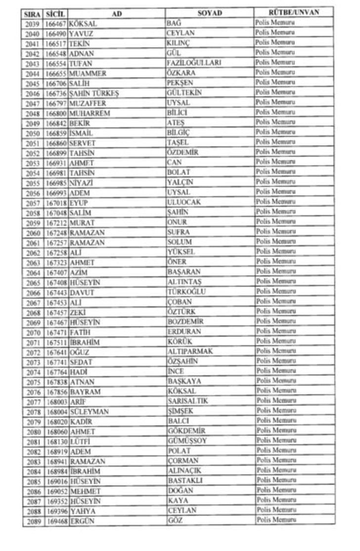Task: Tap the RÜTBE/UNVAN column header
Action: [293, 12]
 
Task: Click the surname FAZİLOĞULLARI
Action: [194, 63]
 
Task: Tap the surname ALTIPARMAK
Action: [190, 351]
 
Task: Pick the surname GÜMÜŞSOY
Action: [187, 440]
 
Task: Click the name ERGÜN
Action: [82, 521]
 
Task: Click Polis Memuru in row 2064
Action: [275, 271]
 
